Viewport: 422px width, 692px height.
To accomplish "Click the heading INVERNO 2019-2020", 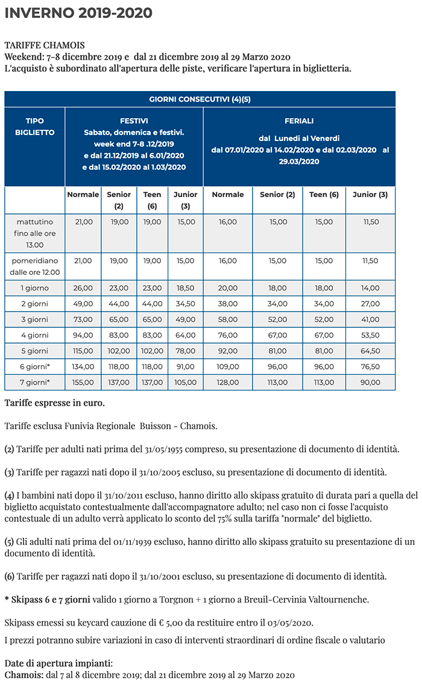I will pyautogui.click(x=78, y=13).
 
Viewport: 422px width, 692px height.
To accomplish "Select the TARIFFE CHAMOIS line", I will pyautogui.click(x=45, y=45).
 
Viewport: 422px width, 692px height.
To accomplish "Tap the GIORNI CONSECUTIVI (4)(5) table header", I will pyautogui.click(x=200, y=99).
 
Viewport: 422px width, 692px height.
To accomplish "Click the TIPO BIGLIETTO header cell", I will pyautogui.click(x=35, y=127).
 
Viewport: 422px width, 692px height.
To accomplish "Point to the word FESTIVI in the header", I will pyautogui.click(x=134, y=121).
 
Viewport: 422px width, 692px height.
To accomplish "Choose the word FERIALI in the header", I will pyautogui.click(x=299, y=121).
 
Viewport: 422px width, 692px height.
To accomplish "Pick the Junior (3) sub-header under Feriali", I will pyautogui.click(x=370, y=195).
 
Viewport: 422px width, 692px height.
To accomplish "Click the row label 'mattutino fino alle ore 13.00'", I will pyautogui.click(x=35, y=233).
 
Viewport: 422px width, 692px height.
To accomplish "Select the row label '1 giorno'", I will pyautogui.click(x=35, y=288).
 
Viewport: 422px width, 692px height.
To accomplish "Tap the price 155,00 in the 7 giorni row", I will pyautogui.click(x=83, y=382).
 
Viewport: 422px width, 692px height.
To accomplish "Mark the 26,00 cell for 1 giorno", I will pyautogui.click(x=83, y=288).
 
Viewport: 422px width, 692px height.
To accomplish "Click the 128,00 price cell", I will pyautogui.click(x=228, y=382).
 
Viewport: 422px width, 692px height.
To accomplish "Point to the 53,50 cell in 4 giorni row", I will pyautogui.click(x=370, y=335).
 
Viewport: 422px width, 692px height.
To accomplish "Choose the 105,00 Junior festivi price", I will pyautogui.click(x=185, y=382).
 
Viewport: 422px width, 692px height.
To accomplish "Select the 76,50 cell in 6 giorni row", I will pyautogui.click(x=370, y=366).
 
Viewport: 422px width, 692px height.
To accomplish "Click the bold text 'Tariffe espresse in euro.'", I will pyautogui.click(x=54, y=402).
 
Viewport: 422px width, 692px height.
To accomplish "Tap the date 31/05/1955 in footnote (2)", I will pyautogui.click(x=167, y=449).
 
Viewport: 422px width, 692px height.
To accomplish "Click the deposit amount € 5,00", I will pyautogui.click(x=160, y=622).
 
